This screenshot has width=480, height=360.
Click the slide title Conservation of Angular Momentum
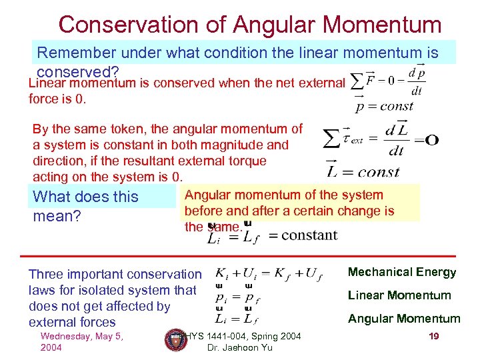[250, 24]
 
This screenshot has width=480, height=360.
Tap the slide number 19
[434, 336]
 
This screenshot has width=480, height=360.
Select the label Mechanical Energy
[402, 272]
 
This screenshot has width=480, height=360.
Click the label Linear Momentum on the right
[399, 295]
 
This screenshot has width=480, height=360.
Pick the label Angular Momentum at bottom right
[404, 319]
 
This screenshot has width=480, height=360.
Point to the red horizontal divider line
[240, 256]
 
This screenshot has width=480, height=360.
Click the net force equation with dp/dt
[387, 79]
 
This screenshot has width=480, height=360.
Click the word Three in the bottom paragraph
[46, 274]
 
